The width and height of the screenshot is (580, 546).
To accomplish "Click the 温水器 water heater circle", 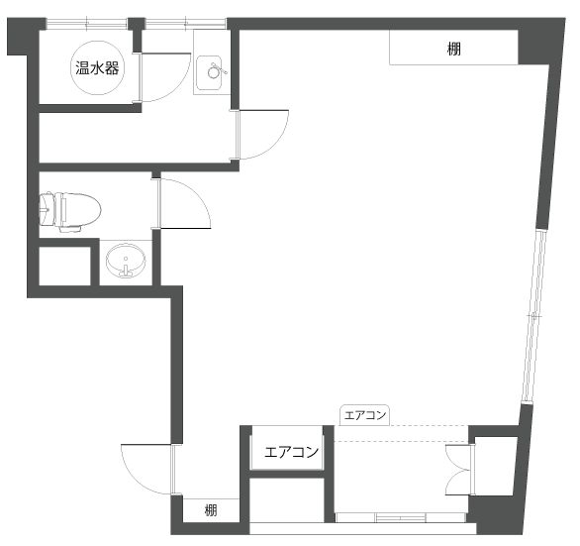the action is click(97, 67).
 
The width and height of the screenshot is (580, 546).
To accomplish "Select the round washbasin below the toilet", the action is click(126, 260).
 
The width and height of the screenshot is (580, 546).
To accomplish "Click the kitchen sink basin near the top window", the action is click(209, 72).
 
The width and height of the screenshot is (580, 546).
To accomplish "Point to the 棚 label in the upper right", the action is click(454, 49).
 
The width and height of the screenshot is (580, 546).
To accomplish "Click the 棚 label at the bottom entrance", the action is click(211, 510).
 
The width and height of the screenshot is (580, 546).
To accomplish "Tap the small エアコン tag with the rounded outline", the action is click(364, 415).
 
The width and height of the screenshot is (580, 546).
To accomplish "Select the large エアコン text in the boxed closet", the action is click(291, 452).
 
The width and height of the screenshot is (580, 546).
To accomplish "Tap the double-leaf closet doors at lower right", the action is click(458, 470).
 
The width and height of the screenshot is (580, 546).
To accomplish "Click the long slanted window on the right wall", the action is click(534, 316).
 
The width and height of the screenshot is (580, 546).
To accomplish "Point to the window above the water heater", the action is click(87, 24).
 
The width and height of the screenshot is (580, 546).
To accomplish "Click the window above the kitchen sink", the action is click(185, 24).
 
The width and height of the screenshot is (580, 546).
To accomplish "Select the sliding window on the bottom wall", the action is click(401, 517).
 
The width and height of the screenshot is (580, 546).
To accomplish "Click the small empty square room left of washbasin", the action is click(64, 266).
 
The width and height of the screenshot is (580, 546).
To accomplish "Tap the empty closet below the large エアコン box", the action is click(287, 500).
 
